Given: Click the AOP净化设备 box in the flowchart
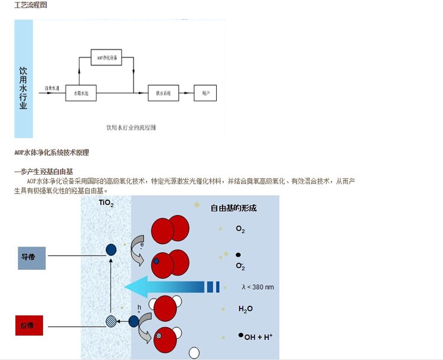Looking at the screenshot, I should (x=107, y=57).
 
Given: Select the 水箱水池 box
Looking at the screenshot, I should (x=80, y=93).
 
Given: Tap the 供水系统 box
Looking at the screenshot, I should (x=163, y=93).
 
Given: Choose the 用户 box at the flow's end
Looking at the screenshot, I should (x=206, y=93).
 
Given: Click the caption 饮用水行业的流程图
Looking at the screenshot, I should (x=131, y=127).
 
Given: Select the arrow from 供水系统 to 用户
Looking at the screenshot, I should (x=186, y=93).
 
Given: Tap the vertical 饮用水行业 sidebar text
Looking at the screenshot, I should (x=24, y=79).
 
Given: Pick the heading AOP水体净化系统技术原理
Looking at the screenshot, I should (x=51, y=153).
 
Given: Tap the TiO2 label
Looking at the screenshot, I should (x=106, y=204).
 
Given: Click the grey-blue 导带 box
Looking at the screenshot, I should (x=31, y=257).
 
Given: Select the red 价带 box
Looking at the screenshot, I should (x=30, y=325).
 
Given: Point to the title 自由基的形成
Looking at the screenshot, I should (x=234, y=208).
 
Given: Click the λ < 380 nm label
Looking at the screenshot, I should (x=258, y=287).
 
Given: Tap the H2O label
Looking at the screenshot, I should (x=246, y=309).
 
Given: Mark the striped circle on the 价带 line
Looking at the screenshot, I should (x=111, y=322).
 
